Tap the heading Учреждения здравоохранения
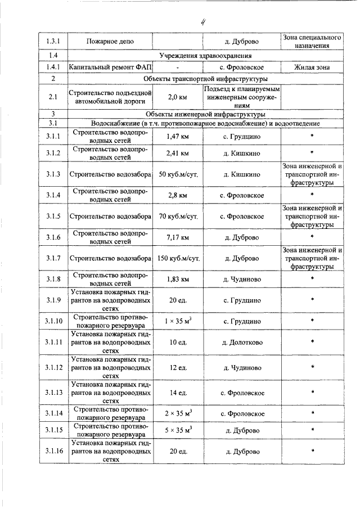(x=205, y=55)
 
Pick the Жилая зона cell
(x=312, y=67)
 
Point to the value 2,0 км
(x=177, y=97)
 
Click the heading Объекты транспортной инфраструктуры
(x=205, y=79)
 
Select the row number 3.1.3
(x=53, y=174)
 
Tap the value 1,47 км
(x=177, y=136)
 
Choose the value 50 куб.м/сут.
(x=177, y=174)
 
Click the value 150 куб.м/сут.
(x=177, y=258)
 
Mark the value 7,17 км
(x=177, y=237)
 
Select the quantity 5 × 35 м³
(x=177, y=430)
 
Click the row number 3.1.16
(x=53, y=451)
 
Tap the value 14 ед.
(x=177, y=393)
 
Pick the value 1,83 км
(x=177, y=279)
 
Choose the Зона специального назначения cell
(x=312, y=41)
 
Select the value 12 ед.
(x=177, y=367)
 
